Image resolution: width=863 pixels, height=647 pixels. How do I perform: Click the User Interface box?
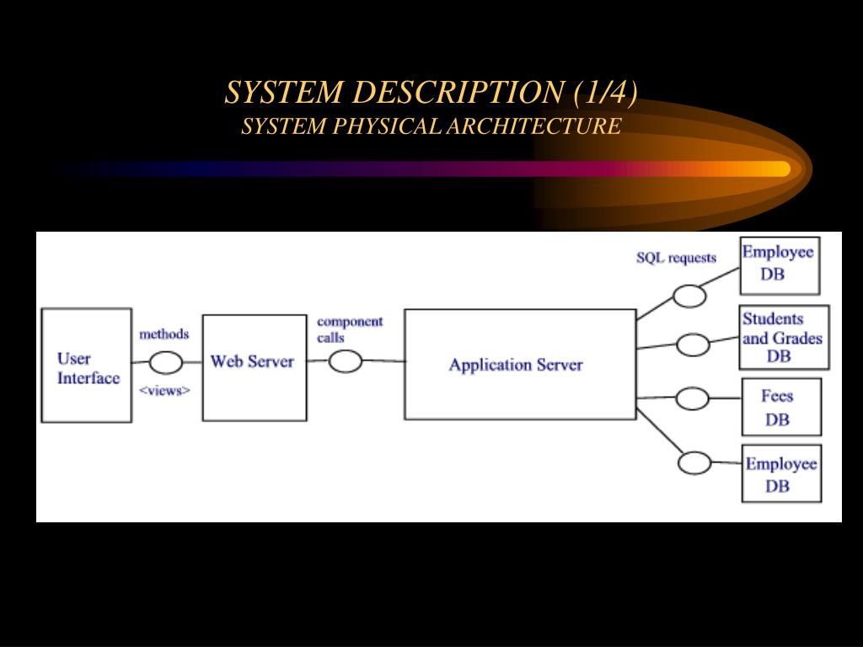[x=87, y=366]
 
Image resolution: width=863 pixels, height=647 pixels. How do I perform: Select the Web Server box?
[x=255, y=368]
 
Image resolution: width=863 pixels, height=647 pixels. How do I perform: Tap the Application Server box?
[x=520, y=364]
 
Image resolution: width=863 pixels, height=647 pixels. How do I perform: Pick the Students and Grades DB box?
[x=784, y=337]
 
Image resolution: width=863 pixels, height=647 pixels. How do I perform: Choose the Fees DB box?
[x=781, y=407]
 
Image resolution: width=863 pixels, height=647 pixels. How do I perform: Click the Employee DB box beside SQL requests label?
[x=780, y=265]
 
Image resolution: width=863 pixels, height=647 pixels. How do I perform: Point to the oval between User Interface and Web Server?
[x=166, y=362]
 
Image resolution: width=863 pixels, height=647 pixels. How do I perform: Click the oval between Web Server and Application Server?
[x=345, y=361]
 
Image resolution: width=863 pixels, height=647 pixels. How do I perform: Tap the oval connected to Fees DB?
[x=692, y=398]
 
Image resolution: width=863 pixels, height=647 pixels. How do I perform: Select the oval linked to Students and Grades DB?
[x=693, y=345]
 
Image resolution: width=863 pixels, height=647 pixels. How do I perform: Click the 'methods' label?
[x=164, y=334]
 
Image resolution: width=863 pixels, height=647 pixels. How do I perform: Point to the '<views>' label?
[x=164, y=390]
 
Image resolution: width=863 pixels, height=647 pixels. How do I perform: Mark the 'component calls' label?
[x=350, y=329]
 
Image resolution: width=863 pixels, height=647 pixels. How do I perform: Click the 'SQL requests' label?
[x=676, y=258]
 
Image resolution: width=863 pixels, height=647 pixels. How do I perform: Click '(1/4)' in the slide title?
[x=605, y=92]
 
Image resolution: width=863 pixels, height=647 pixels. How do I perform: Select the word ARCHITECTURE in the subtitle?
[x=533, y=126]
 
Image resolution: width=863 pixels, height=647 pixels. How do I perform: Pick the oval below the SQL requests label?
[x=689, y=296]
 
